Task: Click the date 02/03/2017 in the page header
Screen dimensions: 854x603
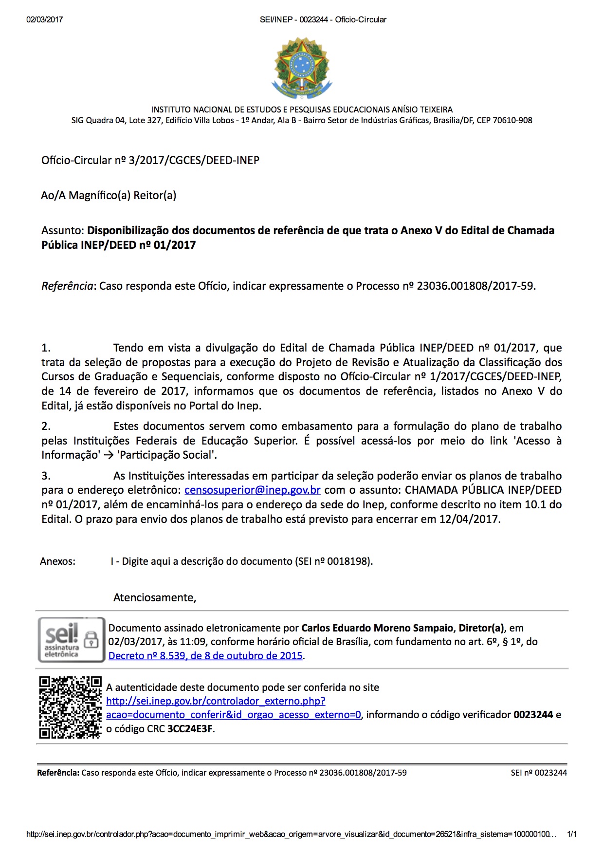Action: point(44,19)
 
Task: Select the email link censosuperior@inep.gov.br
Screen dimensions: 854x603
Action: point(252,490)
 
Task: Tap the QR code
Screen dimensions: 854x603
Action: point(70,707)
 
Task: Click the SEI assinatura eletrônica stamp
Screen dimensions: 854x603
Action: point(71,640)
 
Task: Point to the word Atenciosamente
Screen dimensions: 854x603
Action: point(154,597)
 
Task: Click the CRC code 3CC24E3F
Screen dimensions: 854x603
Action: point(190,729)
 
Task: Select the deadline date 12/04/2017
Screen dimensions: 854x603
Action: point(469,519)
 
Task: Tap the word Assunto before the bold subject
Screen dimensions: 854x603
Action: point(63,230)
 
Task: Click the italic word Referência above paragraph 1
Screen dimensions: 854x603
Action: point(67,286)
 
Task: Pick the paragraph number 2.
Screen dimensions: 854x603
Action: point(46,427)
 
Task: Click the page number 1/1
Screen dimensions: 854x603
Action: point(571,834)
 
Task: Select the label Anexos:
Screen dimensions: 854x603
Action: point(57,561)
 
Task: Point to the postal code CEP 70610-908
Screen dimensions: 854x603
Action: point(504,120)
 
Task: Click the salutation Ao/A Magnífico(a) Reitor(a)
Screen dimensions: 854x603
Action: point(109,195)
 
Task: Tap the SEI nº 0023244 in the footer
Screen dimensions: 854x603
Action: point(539,773)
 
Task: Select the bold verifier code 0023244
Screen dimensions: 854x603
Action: point(533,715)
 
